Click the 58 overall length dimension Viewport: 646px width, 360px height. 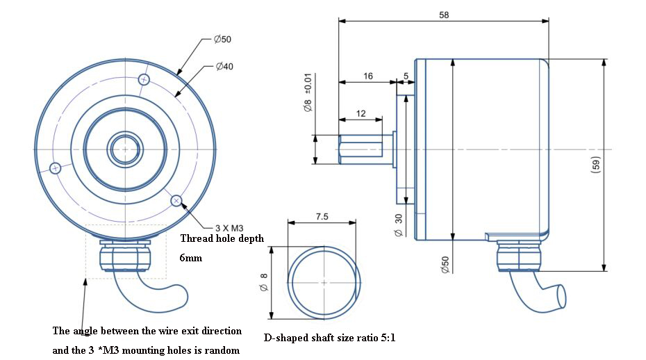coord(444,15)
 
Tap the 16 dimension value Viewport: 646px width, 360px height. coord(367,76)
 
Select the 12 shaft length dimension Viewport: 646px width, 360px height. coord(361,113)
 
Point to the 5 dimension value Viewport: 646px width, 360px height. coord(406,76)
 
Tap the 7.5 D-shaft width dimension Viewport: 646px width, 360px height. coord(322,217)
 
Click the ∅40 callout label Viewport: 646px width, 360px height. coord(224,67)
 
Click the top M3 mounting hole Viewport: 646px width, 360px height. coord(144,79)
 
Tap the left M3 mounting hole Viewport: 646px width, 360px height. coord(56,167)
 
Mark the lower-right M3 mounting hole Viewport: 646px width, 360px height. coord(176,201)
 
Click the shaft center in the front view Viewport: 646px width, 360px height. coord(124,149)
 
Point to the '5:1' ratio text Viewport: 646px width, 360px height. coord(385,338)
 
